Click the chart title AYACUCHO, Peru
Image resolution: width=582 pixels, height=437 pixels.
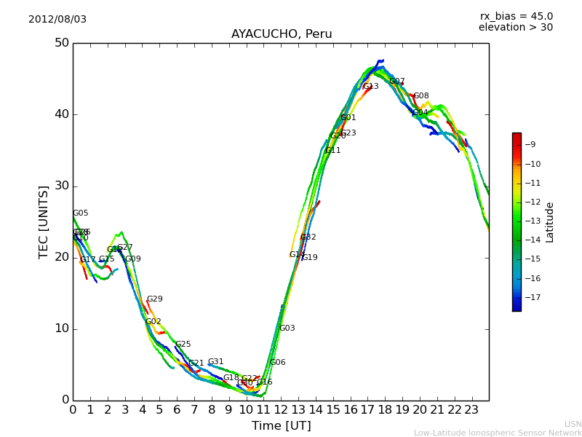(282, 34)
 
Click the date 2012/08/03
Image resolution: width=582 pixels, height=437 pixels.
(57, 20)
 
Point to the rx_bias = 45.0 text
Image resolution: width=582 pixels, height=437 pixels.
(516, 17)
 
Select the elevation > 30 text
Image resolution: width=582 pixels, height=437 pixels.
(515, 28)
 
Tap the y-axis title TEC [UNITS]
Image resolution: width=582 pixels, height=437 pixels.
(44, 221)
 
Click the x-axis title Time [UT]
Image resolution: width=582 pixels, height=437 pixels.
(281, 426)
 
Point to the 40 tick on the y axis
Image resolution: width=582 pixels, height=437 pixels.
(60, 114)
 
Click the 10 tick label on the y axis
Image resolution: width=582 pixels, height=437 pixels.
(60, 328)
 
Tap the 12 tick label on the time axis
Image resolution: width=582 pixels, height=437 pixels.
(281, 410)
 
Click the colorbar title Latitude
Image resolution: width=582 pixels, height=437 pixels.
(550, 222)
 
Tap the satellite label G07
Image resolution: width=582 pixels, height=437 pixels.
(397, 82)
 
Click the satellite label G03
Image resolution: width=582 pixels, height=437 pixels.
(287, 328)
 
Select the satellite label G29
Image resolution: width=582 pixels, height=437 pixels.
(155, 299)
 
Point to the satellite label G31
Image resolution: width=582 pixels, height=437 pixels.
(216, 362)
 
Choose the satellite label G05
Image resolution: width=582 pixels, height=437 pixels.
(80, 213)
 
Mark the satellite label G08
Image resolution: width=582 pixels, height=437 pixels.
(421, 96)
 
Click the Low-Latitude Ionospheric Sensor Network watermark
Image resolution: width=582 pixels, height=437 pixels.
(498, 433)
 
